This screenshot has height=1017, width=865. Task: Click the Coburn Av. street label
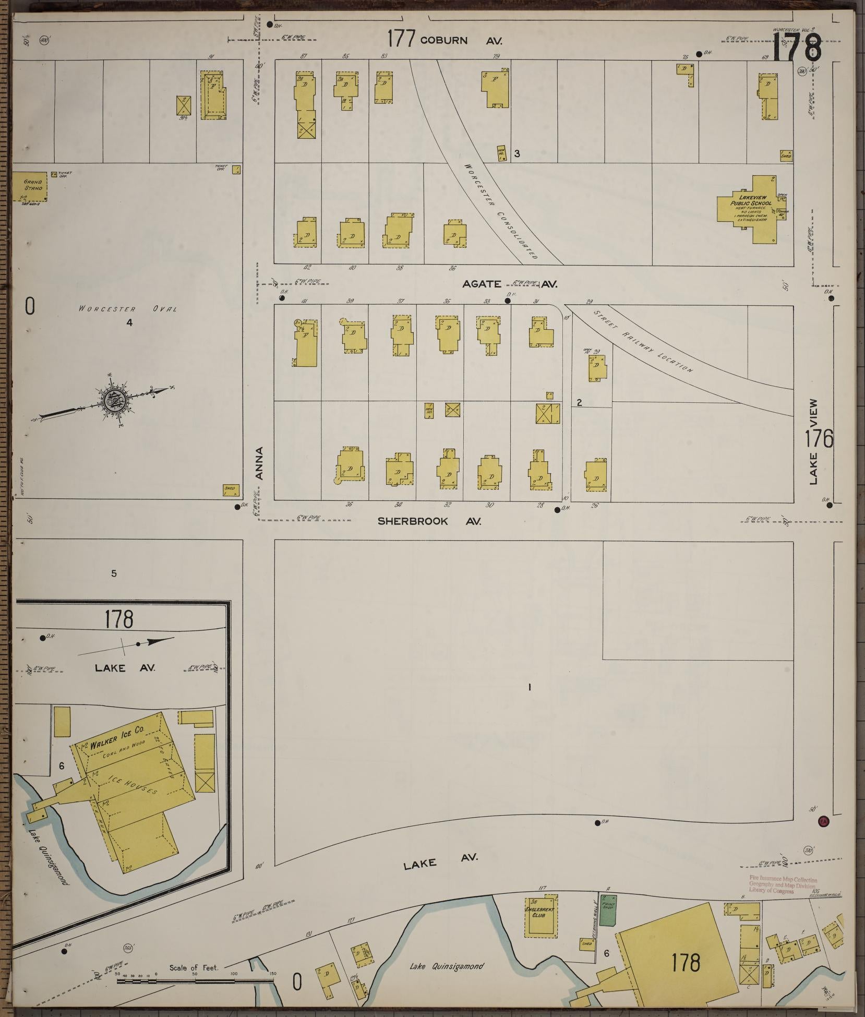(x=459, y=40)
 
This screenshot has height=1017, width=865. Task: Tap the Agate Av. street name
(x=510, y=284)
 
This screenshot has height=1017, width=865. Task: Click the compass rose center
(x=111, y=400)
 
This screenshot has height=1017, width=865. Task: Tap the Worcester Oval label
(x=128, y=309)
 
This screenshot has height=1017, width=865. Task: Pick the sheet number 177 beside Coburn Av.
(x=401, y=39)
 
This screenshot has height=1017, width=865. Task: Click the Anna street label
(x=260, y=463)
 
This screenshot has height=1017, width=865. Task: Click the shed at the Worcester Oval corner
(x=230, y=490)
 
